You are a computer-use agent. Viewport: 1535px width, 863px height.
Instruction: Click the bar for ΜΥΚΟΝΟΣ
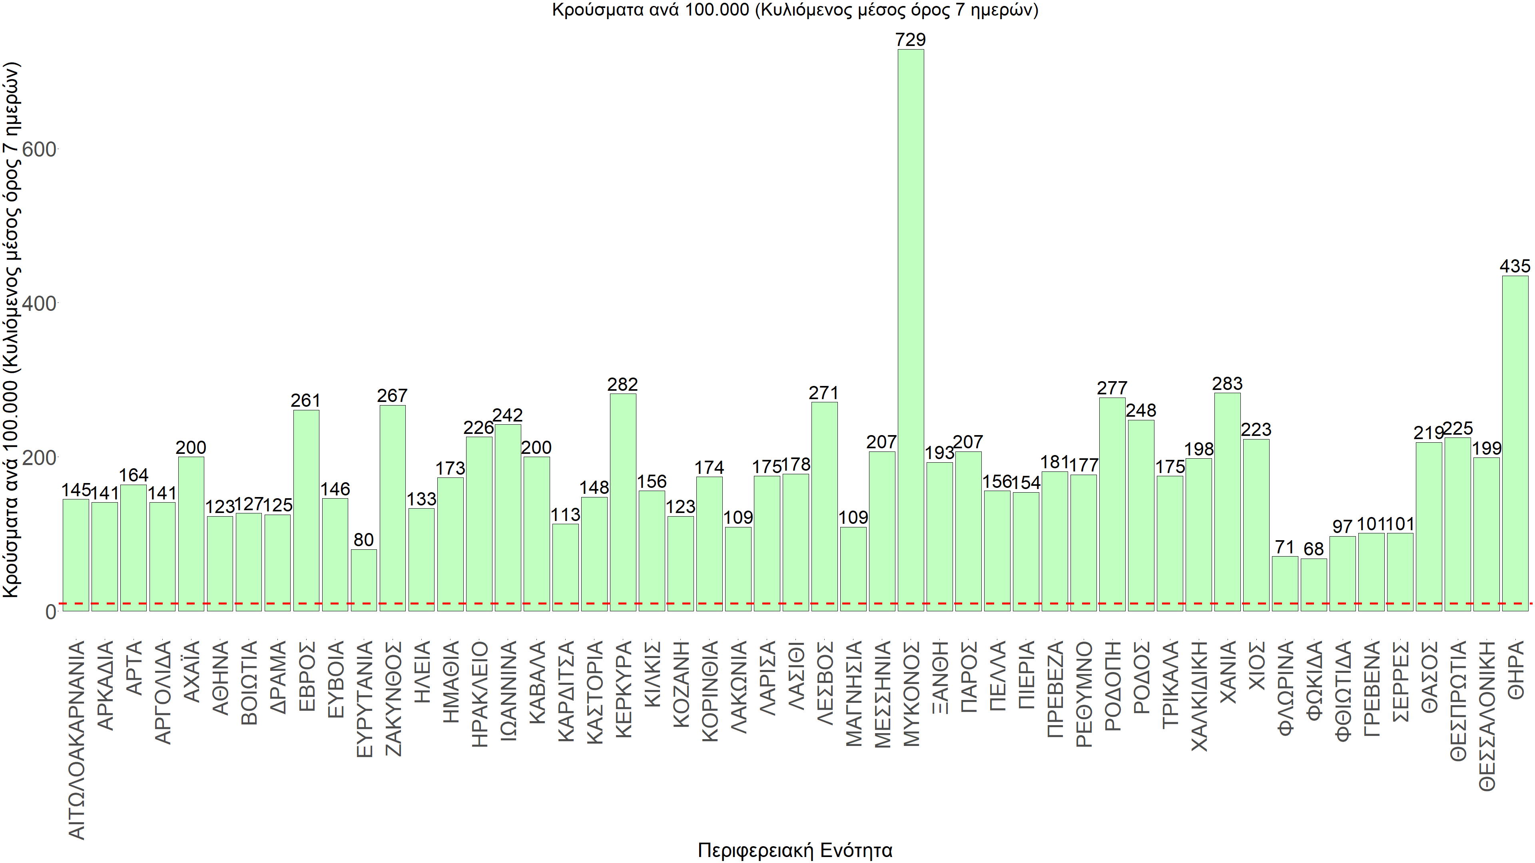coord(911,330)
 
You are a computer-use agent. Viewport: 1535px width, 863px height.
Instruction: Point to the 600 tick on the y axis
coord(39,149)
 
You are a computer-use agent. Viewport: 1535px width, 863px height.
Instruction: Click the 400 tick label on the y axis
coord(39,304)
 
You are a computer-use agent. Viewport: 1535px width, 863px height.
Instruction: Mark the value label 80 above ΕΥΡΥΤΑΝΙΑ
coord(363,540)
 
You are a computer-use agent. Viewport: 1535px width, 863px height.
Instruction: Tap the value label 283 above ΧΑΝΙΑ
coord(1227,384)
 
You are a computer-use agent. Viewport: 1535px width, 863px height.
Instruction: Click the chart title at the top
coord(795,10)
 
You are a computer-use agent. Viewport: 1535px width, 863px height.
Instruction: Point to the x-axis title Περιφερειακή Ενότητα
coord(795,850)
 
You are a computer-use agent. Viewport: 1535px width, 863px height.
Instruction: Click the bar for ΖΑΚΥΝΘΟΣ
coord(392,508)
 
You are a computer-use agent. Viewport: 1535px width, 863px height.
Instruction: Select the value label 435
coord(1515,266)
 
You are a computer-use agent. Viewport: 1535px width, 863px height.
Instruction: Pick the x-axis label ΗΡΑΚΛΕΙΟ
coord(480,694)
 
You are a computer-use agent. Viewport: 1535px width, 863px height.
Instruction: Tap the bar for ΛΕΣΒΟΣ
coord(824,506)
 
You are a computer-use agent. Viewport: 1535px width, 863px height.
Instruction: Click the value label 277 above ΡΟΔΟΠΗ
coord(1112,388)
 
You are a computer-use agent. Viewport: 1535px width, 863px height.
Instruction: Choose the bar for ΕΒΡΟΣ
coord(306,511)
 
